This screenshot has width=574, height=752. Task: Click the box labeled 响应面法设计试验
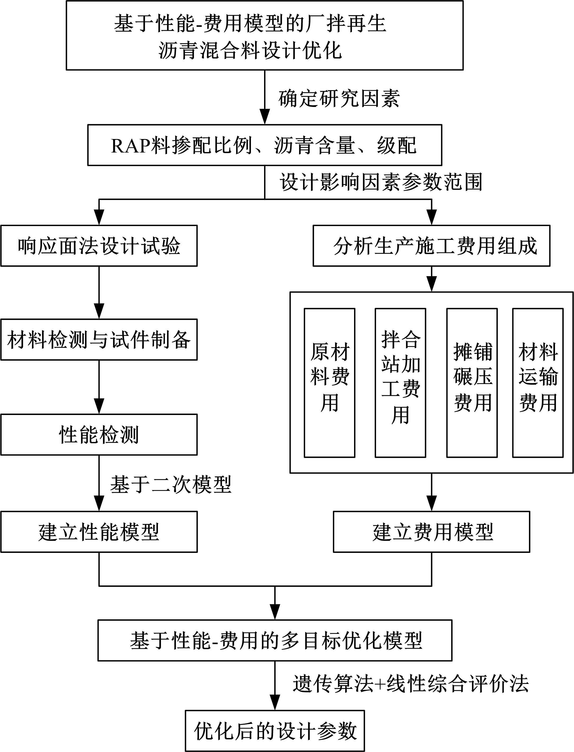pyautogui.click(x=99, y=246)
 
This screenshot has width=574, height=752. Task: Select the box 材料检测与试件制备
pyautogui.click(x=99, y=340)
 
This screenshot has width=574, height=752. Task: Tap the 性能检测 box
pyautogui.click(x=99, y=435)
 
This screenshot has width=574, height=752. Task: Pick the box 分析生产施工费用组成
pyautogui.click(x=432, y=246)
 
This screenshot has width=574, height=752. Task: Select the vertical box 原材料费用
pyautogui.click(x=329, y=383)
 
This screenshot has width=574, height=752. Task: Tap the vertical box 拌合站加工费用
pyautogui.click(x=400, y=383)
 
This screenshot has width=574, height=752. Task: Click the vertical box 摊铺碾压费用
pyautogui.click(x=472, y=383)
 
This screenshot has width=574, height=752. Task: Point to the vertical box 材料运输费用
pyautogui.click(x=538, y=383)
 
